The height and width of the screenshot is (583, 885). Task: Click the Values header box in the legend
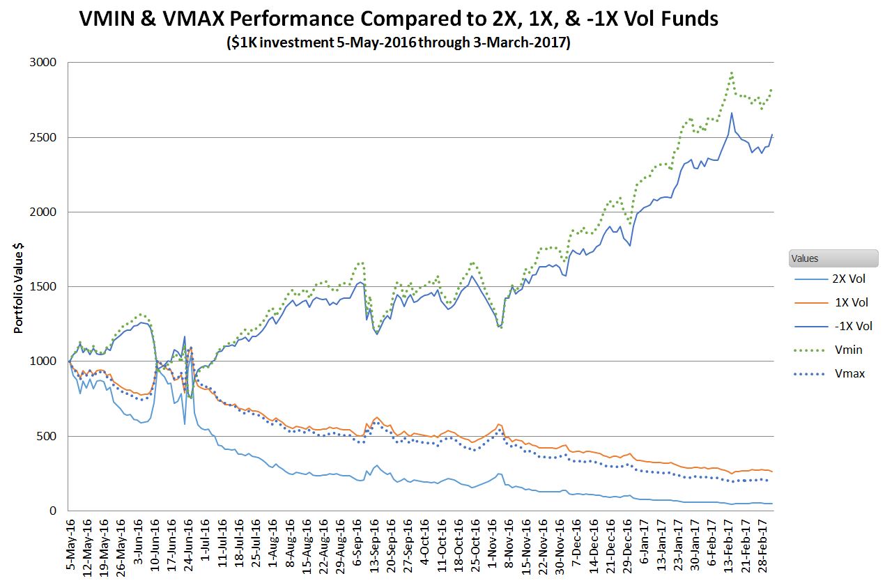(833, 258)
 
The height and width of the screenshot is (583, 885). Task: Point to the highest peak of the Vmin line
(731, 72)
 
